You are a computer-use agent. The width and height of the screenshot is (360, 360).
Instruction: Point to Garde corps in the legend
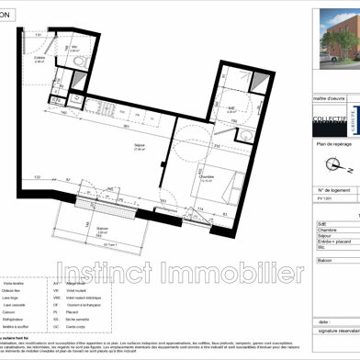pyautogui.click(x=96, y=326)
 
